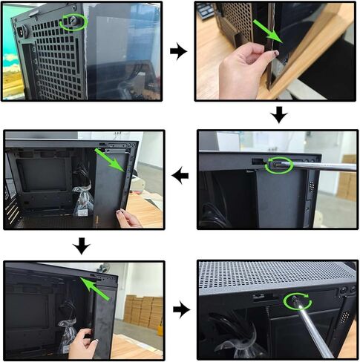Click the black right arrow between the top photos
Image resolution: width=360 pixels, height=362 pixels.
click(x=178, y=51)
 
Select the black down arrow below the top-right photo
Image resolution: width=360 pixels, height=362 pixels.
click(x=278, y=115)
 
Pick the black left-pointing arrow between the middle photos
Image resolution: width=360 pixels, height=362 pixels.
click(x=180, y=177)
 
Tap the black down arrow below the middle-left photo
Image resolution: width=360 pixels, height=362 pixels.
click(x=83, y=245)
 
